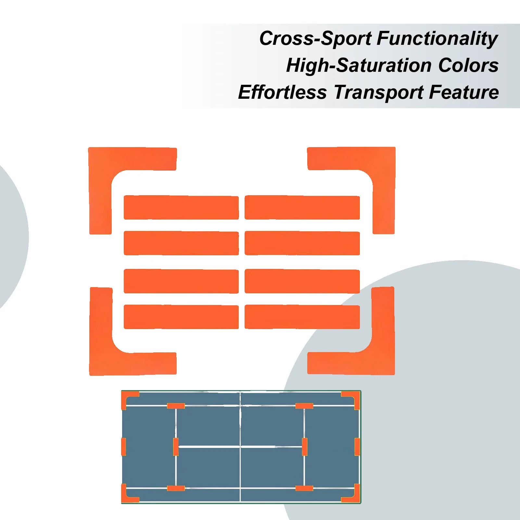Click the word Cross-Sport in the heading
(315, 39)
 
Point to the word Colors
(468, 65)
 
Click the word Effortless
(282, 93)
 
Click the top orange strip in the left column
(181, 208)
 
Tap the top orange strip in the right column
(302, 208)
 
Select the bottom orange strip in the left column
(181, 317)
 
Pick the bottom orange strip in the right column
(302, 317)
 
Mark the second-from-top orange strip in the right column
(302, 243)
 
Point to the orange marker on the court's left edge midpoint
(123, 447)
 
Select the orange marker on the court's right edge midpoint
(357, 447)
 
